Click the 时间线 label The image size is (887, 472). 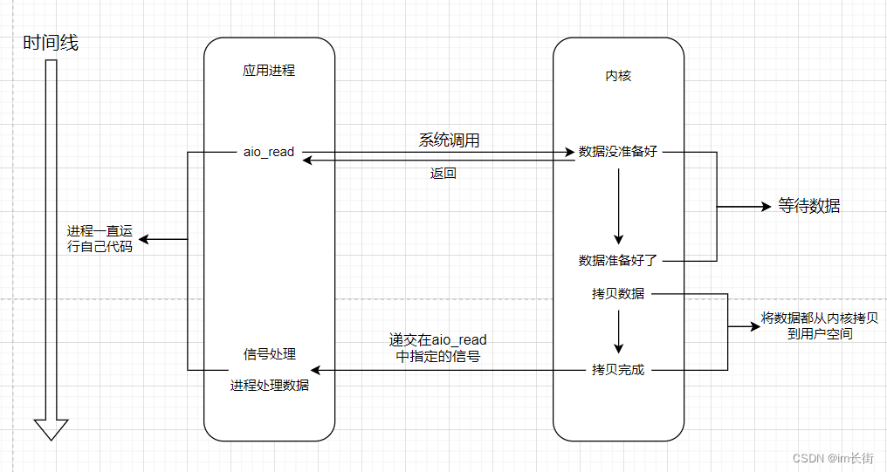[x=51, y=43]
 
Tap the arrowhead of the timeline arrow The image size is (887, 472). [x=51, y=429]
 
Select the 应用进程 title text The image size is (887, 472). [x=269, y=71]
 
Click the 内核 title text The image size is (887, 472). [x=618, y=76]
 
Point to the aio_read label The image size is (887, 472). [x=269, y=152]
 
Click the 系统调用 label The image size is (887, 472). [x=449, y=140]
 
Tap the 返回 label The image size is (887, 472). [x=443, y=174]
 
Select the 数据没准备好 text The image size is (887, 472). [x=618, y=152]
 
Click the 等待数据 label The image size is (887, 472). [x=809, y=207]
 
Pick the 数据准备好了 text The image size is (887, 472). [x=618, y=260]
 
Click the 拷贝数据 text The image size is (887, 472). [x=618, y=293]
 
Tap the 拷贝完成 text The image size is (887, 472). [x=618, y=370]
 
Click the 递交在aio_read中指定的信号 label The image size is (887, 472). [x=438, y=348]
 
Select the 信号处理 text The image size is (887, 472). [x=269, y=354]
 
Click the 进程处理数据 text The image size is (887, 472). [x=269, y=385]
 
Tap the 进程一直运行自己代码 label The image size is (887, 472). [x=100, y=240]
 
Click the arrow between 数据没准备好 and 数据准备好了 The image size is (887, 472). [x=618, y=206]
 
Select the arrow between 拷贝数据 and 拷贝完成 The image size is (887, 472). [x=618, y=332]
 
